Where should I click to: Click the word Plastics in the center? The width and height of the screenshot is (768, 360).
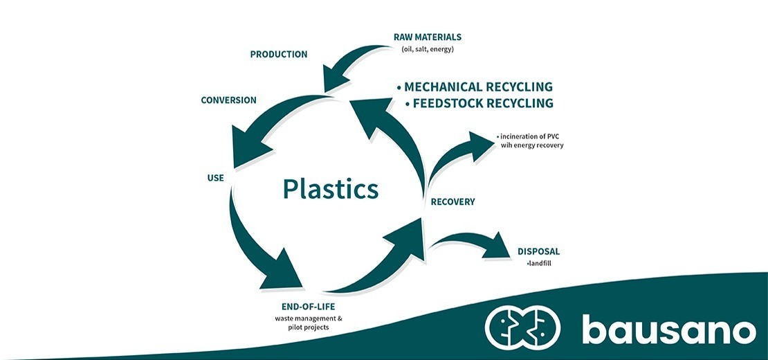[x=330, y=189]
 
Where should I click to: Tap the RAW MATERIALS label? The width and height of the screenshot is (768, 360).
[x=427, y=37]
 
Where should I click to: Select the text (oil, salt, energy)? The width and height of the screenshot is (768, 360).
[x=427, y=49]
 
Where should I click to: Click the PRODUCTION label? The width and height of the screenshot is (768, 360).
[x=278, y=54]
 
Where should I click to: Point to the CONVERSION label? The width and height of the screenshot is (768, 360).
[x=228, y=100]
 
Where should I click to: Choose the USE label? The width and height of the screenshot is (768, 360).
[x=215, y=178]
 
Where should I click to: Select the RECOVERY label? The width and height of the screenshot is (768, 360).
[x=452, y=202]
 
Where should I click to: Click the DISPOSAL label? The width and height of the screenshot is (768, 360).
[x=538, y=251]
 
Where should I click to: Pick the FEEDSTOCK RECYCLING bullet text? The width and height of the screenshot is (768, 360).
[x=482, y=103]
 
